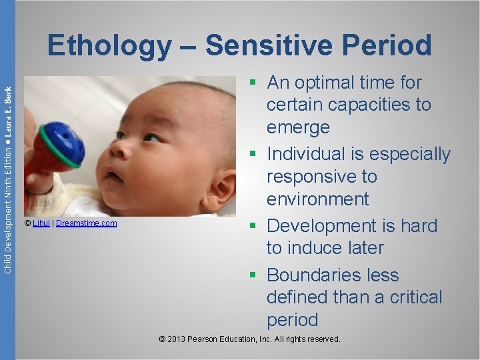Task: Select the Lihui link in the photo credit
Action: click(41, 223)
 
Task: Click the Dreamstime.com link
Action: click(87, 223)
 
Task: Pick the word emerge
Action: click(298, 127)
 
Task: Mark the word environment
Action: click(317, 199)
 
